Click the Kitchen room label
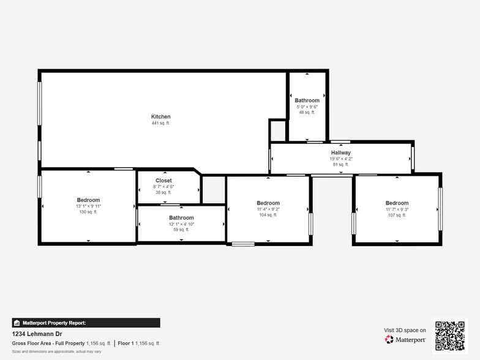coord(160,116)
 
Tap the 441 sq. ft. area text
coord(160,123)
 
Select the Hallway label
coord(341,152)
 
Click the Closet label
coord(163,181)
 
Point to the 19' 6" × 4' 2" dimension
coord(341,159)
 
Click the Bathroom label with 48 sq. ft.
coord(307,100)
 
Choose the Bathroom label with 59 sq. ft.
coord(181,218)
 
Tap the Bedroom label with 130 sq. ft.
coord(88,200)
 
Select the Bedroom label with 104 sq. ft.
coord(268,203)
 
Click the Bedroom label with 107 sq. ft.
coord(397,203)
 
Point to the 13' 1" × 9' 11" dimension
coord(88,206)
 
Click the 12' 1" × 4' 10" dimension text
coord(181,224)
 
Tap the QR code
coord(450,336)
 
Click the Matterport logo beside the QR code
coord(405,339)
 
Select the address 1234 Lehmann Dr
coord(37,334)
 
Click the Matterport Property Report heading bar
coord(86,323)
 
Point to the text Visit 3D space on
coord(405,330)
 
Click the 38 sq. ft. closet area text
coord(163,192)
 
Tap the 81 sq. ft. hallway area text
coord(341,164)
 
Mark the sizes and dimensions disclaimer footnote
coord(56,351)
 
